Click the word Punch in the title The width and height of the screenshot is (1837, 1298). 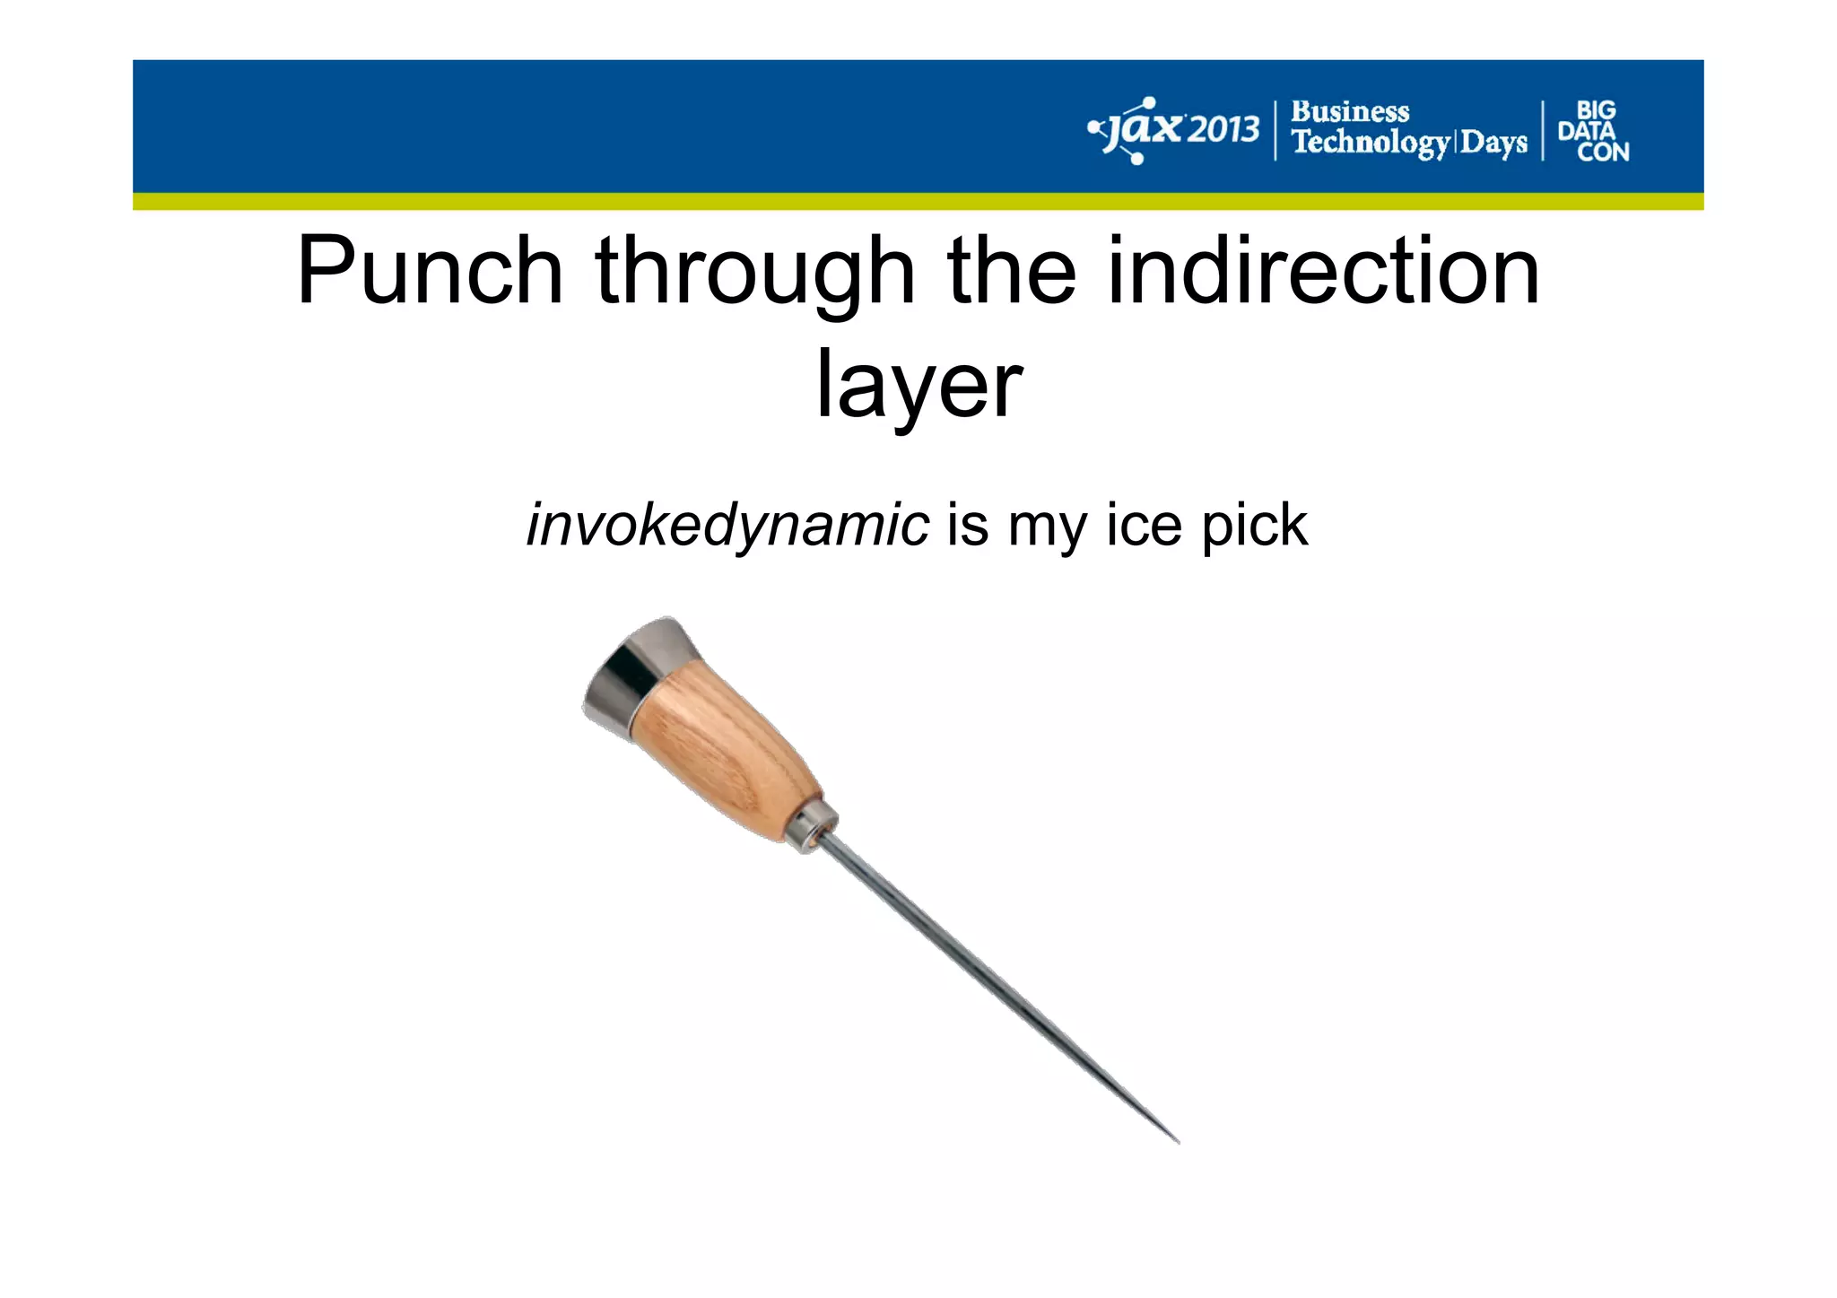pos(430,270)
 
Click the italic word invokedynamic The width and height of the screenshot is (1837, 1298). pos(727,526)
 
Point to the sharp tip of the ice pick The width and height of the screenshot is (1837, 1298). pos(1176,1141)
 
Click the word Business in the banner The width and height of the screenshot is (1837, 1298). pos(1349,112)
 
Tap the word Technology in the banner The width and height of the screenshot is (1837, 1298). pos(1370,143)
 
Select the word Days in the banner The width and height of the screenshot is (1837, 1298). pos(1493,143)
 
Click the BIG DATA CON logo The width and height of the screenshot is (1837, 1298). pos(1594,131)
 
